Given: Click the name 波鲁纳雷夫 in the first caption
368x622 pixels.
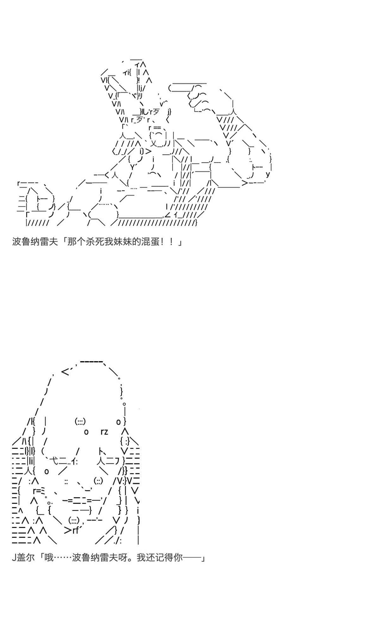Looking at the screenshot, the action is coord(35,242).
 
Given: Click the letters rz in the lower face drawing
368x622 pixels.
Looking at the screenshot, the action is coord(104,432).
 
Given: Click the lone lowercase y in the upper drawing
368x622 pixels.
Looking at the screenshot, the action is coord(268,174).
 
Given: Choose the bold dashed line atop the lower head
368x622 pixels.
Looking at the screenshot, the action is coord(91,361).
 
